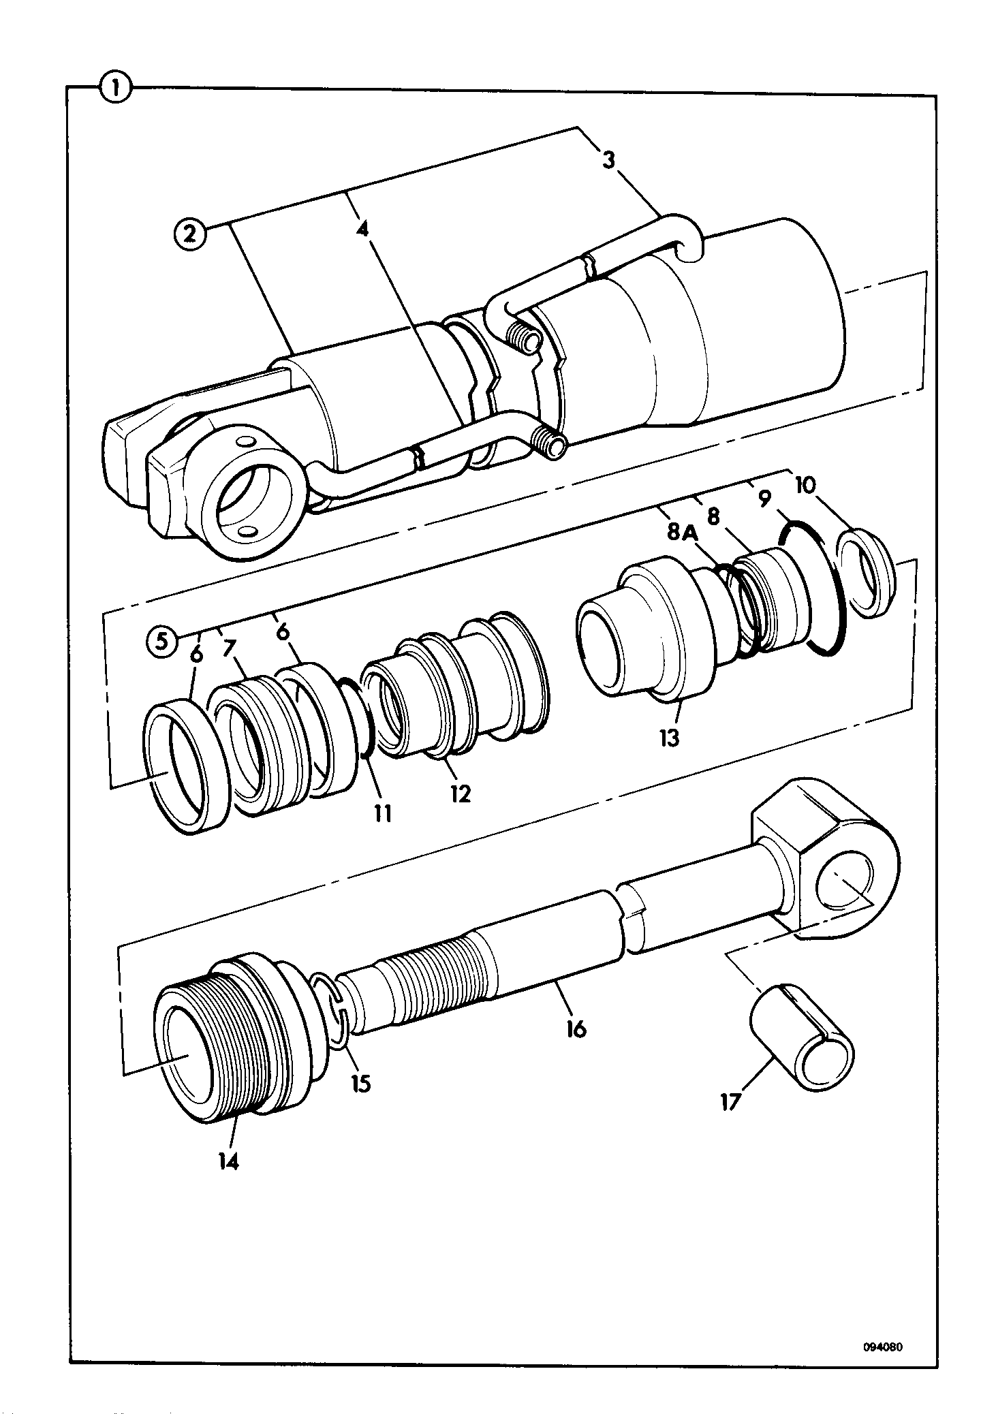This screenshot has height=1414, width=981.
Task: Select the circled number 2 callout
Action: (191, 234)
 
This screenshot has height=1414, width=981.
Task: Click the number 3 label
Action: (608, 160)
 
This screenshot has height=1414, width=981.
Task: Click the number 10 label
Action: (804, 485)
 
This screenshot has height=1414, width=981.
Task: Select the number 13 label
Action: (670, 738)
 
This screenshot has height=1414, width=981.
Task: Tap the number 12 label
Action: (461, 794)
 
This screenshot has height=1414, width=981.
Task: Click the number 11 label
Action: (383, 813)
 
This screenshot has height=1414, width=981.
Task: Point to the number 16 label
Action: (576, 1028)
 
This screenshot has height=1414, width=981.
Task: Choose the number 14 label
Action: (228, 1163)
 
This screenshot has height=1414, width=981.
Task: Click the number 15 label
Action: (361, 1084)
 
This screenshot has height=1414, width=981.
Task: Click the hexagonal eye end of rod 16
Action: (825, 862)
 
